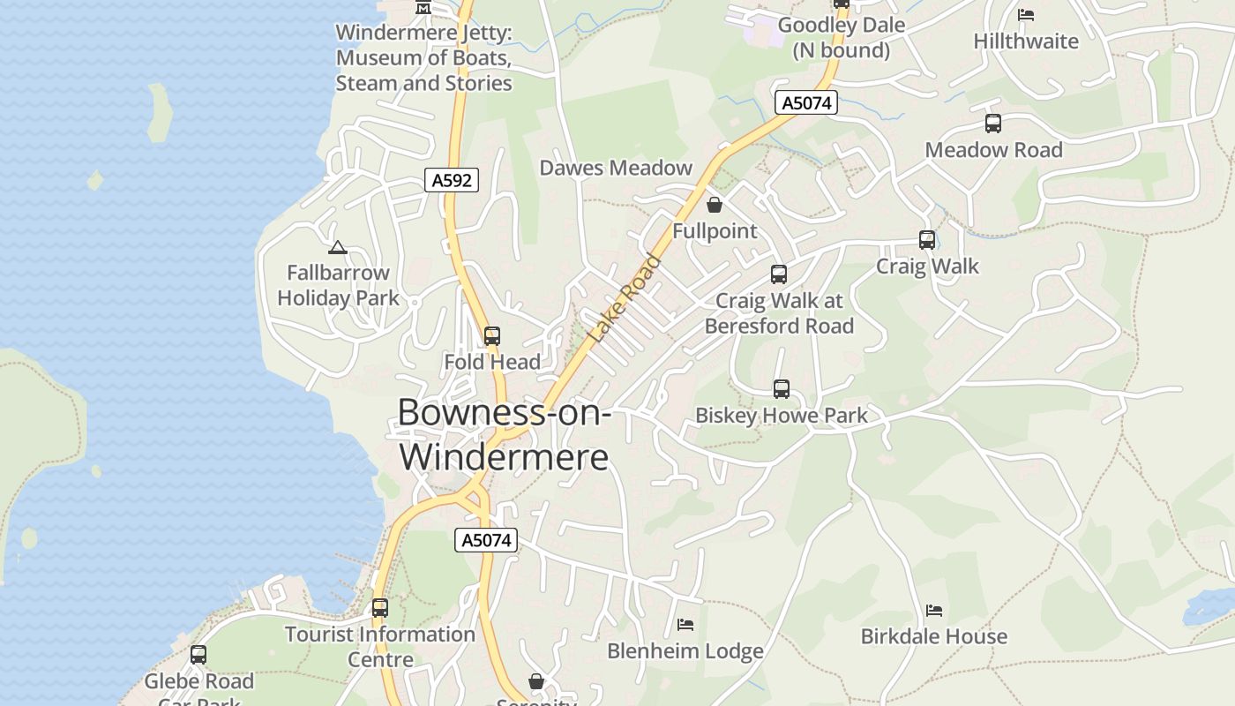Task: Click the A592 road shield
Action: (x=452, y=181)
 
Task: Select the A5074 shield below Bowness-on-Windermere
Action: (x=485, y=540)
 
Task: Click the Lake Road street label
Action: (x=625, y=298)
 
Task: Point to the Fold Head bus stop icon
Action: (x=492, y=336)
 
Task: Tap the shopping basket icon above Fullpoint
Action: (x=714, y=206)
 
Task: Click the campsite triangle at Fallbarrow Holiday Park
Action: (x=337, y=248)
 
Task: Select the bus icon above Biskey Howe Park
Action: (x=781, y=389)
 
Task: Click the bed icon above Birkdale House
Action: (x=933, y=611)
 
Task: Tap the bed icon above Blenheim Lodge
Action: (x=685, y=625)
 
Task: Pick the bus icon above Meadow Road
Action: (x=992, y=124)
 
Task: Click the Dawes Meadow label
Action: (x=616, y=168)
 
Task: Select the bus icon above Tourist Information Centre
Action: (x=379, y=608)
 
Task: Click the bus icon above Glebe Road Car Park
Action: (x=198, y=655)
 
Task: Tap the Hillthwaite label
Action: (x=1025, y=41)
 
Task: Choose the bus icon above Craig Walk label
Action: (x=926, y=240)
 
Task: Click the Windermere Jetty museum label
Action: (x=423, y=58)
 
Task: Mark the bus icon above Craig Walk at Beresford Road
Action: (x=778, y=274)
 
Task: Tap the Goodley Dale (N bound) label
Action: (x=841, y=37)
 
